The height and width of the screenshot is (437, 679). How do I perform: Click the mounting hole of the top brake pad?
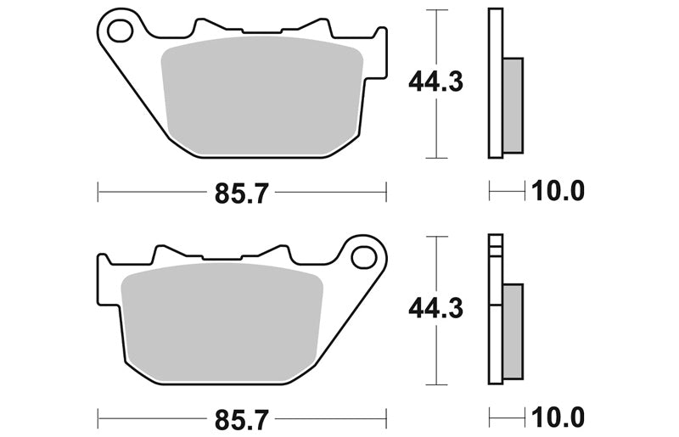120,31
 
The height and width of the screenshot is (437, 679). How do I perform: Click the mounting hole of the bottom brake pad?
364,258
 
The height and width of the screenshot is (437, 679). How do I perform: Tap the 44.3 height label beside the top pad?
435,82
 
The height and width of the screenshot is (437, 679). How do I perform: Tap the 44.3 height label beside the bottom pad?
435,309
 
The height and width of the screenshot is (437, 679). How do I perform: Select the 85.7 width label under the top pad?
242,193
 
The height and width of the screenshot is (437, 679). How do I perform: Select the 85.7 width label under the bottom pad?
242,420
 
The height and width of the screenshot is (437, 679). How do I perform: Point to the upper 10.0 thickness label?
558,191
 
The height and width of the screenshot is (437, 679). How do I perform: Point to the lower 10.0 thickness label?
558,418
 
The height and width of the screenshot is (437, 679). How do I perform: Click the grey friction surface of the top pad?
262,96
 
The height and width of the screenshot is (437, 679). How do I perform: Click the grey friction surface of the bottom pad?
222,322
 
